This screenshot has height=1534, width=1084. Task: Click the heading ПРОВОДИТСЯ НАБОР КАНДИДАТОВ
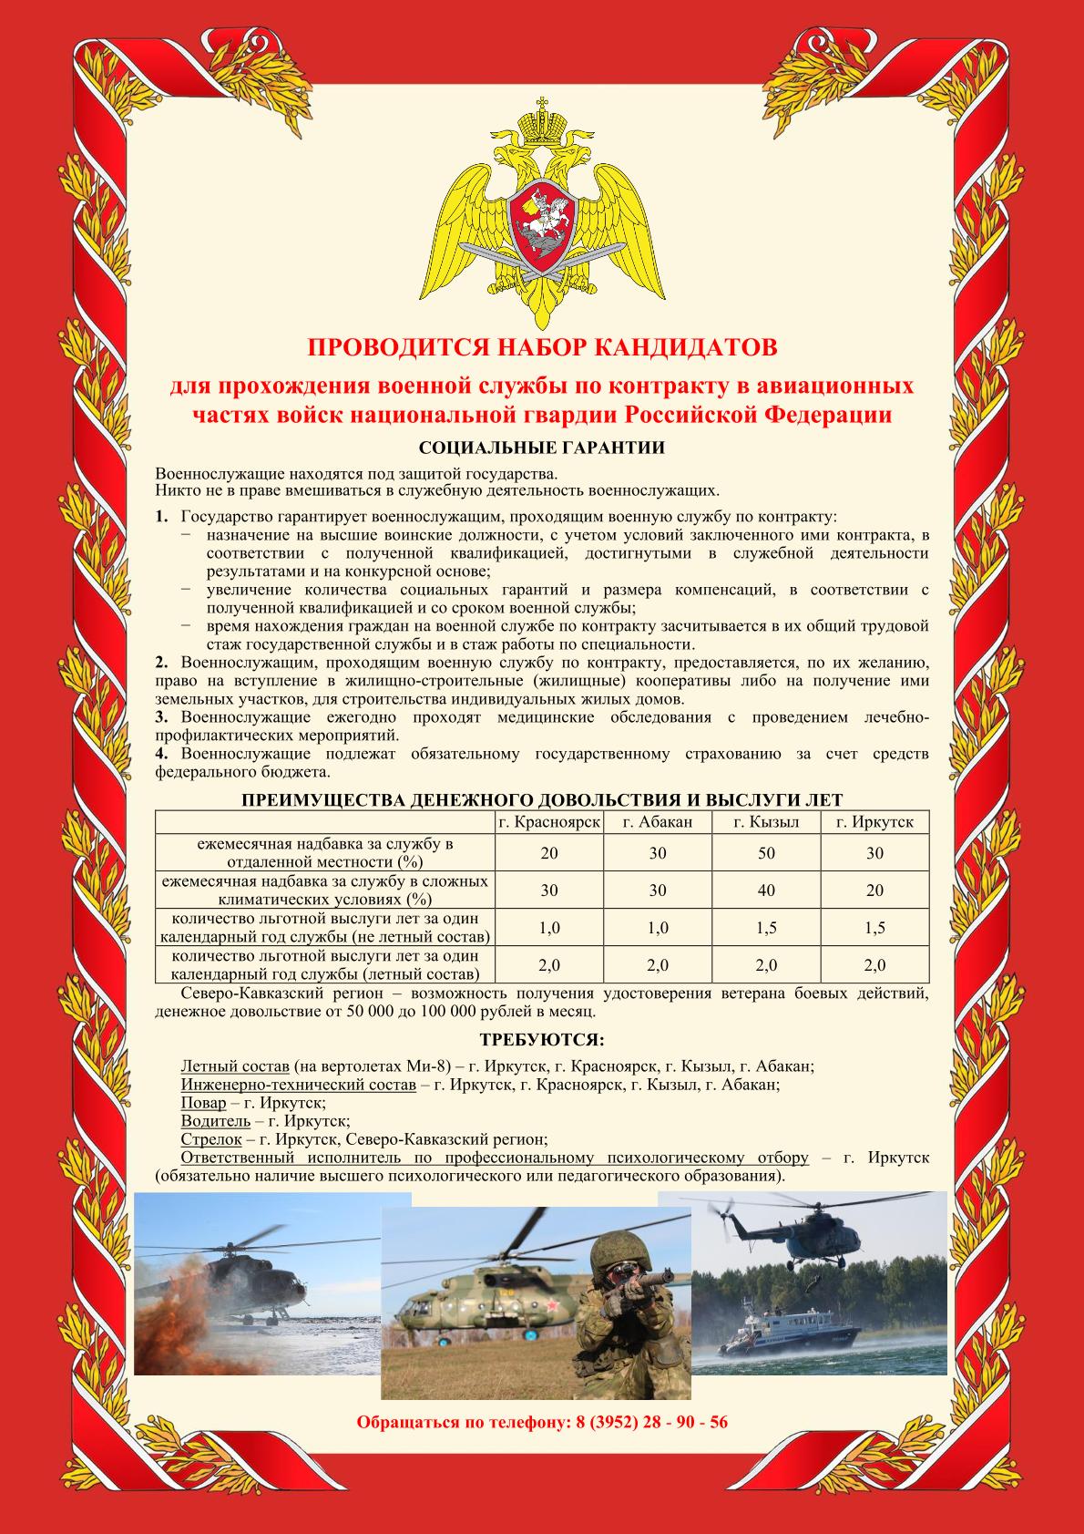(542, 347)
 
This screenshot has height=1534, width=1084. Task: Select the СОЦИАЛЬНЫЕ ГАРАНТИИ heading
(541, 448)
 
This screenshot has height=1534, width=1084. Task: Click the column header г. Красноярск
(549, 821)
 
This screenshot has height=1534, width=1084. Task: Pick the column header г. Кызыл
(766, 821)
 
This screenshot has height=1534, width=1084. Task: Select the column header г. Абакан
(658, 821)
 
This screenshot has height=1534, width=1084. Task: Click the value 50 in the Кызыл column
(766, 853)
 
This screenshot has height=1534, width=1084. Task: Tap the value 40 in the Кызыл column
(766, 891)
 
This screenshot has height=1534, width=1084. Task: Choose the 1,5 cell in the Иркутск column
(874, 928)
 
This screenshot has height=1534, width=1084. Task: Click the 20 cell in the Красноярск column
(549, 853)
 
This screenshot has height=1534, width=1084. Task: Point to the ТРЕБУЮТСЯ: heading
(541, 1040)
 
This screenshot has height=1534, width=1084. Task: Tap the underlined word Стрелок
(211, 1139)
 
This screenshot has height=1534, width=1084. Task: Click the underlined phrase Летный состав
(235, 1066)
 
